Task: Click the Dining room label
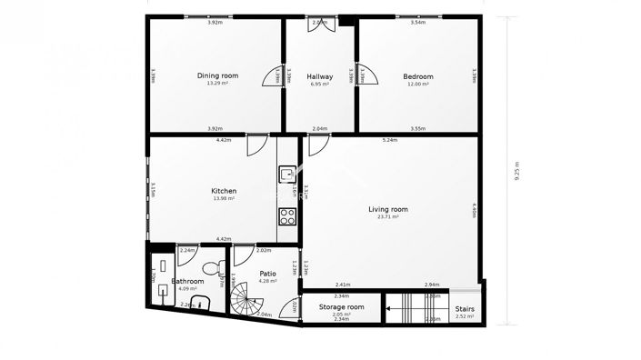click(x=217, y=75)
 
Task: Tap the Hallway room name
click(x=319, y=77)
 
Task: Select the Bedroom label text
click(x=418, y=77)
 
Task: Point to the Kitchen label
click(x=224, y=191)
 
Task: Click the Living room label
click(x=387, y=210)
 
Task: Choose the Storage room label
click(x=342, y=307)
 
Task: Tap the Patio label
click(x=267, y=273)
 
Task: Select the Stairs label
click(x=464, y=309)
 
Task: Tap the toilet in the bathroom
click(x=211, y=267)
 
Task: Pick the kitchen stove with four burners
click(x=287, y=216)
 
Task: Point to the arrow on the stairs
click(x=388, y=309)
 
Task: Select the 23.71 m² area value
click(x=387, y=218)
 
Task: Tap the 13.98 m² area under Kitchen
click(x=224, y=199)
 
